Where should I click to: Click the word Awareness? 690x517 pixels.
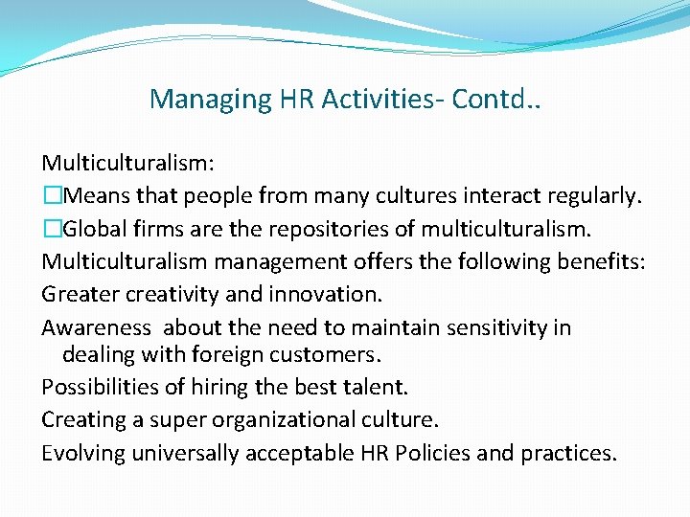click(x=96, y=328)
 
